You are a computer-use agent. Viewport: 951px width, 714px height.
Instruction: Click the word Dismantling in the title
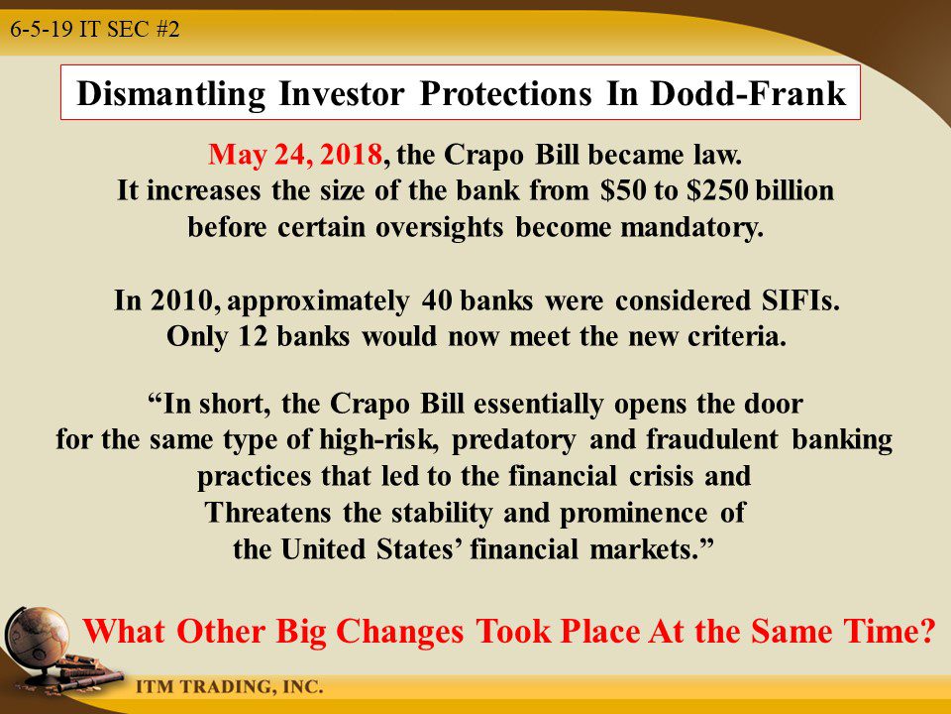pyautogui.click(x=171, y=94)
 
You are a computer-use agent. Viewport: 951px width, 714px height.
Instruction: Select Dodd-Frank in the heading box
pyautogui.click(x=749, y=93)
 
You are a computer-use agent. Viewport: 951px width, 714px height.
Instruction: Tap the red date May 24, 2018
pyautogui.click(x=295, y=155)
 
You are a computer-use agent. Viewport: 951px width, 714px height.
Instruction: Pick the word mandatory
pyautogui.click(x=691, y=227)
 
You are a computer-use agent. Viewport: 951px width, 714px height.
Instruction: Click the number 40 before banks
pyautogui.click(x=437, y=299)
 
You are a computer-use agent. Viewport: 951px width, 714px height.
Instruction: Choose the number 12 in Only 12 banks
pyautogui.click(x=253, y=336)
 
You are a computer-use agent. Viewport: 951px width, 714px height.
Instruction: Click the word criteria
pyautogui.click(x=737, y=336)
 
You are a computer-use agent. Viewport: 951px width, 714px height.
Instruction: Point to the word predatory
pyautogui.click(x=514, y=440)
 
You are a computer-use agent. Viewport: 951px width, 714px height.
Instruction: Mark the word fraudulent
pyautogui.click(x=712, y=439)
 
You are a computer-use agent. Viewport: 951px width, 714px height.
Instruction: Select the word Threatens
pyautogui.click(x=267, y=512)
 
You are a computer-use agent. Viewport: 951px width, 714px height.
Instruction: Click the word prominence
pyautogui.click(x=633, y=513)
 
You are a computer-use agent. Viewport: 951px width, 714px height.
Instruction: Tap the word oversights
pyautogui.click(x=439, y=228)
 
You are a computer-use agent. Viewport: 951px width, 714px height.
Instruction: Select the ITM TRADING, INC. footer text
pyautogui.click(x=229, y=686)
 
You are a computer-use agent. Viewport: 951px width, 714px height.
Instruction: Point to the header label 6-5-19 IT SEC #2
pyautogui.click(x=95, y=29)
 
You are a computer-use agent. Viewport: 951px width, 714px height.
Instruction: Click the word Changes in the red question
pyautogui.click(x=399, y=632)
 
